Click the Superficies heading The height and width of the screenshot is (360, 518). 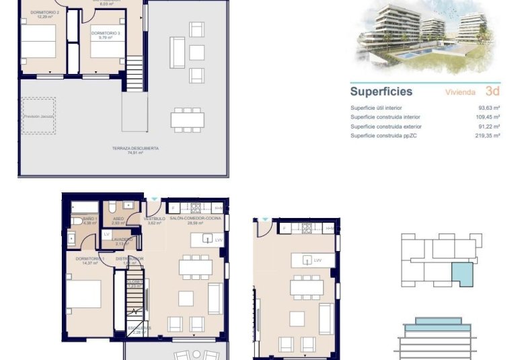(x=381, y=92)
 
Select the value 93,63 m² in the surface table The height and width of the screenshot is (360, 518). (x=489, y=108)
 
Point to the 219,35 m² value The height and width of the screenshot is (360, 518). (x=488, y=136)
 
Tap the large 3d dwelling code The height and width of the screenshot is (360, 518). (x=492, y=92)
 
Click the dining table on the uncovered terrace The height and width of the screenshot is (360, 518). (x=188, y=120)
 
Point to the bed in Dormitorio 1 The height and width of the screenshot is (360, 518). (x=83, y=294)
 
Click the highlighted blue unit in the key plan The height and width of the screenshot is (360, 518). (x=461, y=275)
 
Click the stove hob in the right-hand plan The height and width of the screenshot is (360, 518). (x=306, y=229)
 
